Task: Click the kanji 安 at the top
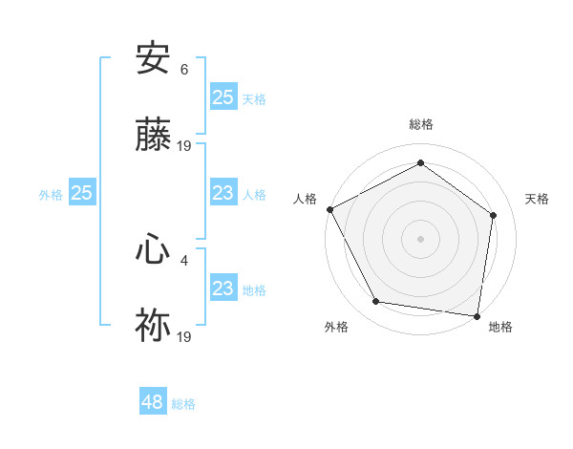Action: coord(153,59)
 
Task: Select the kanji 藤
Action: coord(153,135)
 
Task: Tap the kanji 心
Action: coord(153,250)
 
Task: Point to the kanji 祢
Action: coord(153,325)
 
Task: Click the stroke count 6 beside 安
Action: coord(184,70)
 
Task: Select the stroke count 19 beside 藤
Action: coord(184,145)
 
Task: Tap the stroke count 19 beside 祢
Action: coord(184,335)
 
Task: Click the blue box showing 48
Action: coord(152,402)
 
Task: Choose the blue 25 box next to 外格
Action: coord(81,194)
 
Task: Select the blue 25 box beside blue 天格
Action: coord(223,96)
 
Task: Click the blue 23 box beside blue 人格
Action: coord(223,194)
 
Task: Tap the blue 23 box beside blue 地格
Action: coord(223,289)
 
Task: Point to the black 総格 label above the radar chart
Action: coord(421,124)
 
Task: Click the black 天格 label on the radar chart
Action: coord(537,199)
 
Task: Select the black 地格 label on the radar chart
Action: coord(500,327)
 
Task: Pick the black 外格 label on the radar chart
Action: coord(336,327)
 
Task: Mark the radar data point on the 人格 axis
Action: coord(329,209)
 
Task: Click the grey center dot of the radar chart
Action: coord(420,238)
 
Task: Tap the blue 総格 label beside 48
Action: coord(183,404)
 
